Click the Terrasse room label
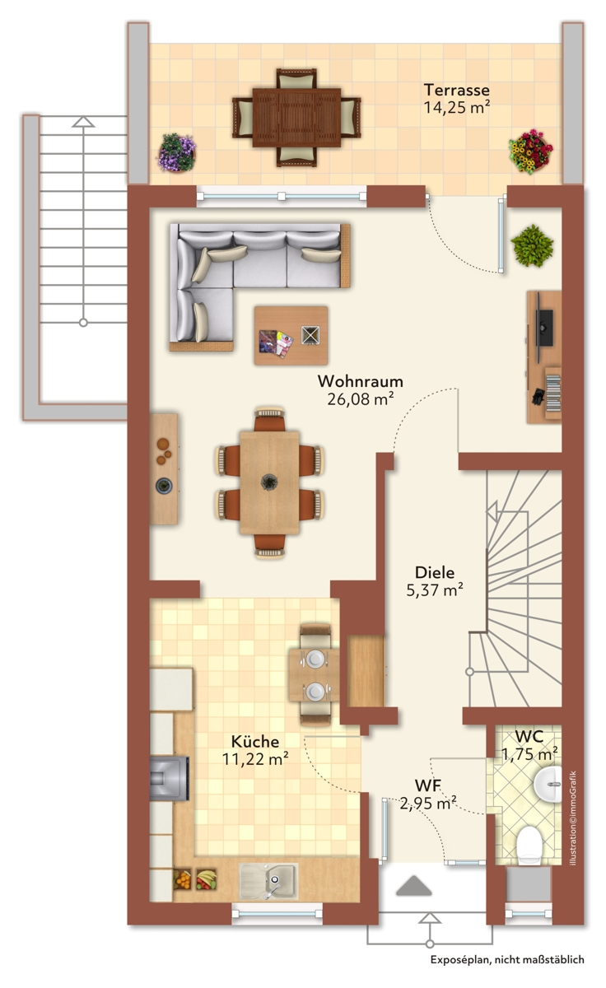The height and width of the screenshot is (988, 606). point(456,90)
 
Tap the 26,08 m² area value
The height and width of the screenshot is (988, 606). point(361,398)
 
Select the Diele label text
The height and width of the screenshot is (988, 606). point(435,572)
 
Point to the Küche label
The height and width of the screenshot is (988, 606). point(255,742)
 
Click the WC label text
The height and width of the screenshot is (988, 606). point(529,736)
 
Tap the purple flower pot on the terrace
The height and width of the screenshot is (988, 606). point(177,152)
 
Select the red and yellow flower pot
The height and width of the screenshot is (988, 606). point(530,151)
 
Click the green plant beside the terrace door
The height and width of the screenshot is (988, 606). point(532,245)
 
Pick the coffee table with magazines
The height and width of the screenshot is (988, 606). point(291,336)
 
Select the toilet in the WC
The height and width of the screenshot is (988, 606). point(529,845)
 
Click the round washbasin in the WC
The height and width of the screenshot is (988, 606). point(548,784)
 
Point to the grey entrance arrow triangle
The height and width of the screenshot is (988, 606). point(413,885)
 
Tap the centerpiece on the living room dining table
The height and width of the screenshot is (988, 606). point(269,481)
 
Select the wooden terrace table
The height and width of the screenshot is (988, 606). point(296,117)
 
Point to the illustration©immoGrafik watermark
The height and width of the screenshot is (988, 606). point(573,818)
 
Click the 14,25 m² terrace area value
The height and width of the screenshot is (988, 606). point(457,107)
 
